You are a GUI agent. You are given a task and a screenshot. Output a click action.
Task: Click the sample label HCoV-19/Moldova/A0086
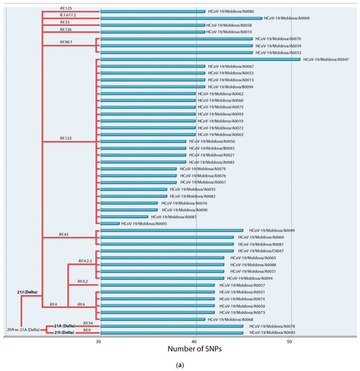[x=231, y=11]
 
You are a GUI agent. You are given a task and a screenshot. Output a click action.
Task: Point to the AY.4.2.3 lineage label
[x=86, y=260]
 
